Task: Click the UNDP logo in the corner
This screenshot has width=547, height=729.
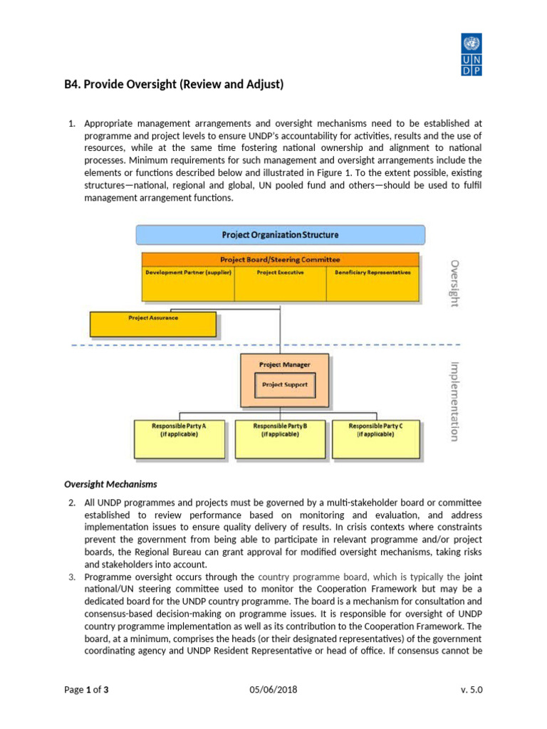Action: (x=472, y=54)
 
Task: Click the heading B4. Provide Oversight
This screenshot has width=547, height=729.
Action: (x=174, y=85)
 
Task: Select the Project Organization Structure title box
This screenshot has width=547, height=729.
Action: (x=280, y=234)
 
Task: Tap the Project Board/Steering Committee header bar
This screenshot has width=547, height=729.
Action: (x=280, y=260)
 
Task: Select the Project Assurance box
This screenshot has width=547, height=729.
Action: (x=152, y=325)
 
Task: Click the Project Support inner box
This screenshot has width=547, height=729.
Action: (x=284, y=385)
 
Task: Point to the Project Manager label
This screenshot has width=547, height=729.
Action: (x=284, y=364)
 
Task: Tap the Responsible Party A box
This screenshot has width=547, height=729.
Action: (x=179, y=439)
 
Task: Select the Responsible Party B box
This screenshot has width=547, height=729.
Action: (x=280, y=439)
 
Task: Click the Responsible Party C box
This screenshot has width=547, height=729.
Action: (x=375, y=439)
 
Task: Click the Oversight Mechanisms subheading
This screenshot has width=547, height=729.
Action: (x=110, y=484)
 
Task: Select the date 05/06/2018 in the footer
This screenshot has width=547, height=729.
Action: (x=273, y=690)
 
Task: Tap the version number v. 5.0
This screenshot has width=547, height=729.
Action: (x=472, y=690)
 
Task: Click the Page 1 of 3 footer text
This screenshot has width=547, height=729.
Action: (x=86, y=690)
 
